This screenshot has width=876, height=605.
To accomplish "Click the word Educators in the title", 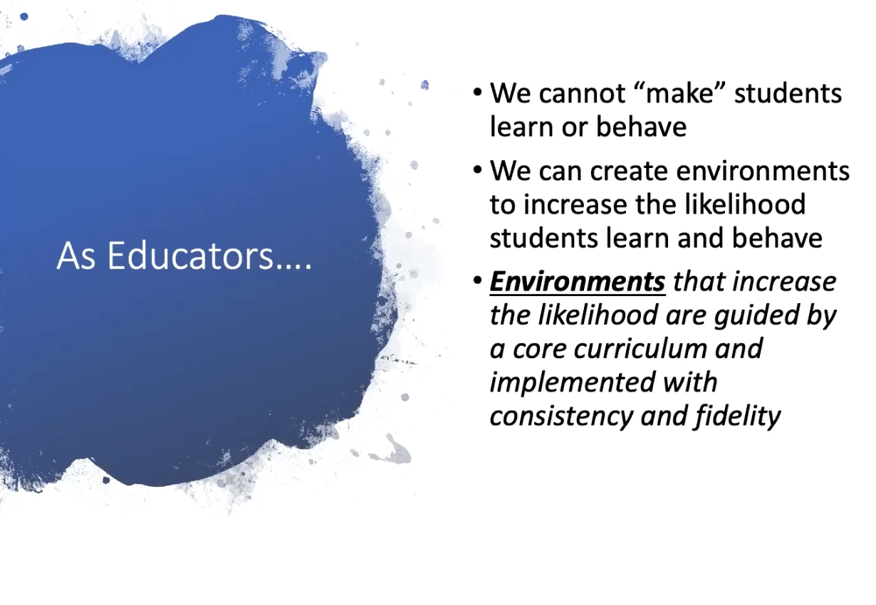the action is [190, 256].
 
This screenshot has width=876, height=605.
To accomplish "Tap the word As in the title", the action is [76, 256].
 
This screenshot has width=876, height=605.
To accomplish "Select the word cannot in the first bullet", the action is [583, 94].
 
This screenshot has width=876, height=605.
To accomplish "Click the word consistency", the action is [560, 417].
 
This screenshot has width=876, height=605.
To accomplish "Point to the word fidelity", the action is [737, 417].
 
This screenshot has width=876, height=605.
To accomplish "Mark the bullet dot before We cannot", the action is [477, 93].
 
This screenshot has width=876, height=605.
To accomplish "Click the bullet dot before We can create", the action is [477, 170].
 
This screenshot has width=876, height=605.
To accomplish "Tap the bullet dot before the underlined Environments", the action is [477, 280].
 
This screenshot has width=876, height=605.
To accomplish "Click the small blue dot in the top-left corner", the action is [24, 17].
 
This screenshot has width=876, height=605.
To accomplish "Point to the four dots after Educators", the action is [293, 266].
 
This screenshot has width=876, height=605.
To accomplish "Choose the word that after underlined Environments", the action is [699, 282].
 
